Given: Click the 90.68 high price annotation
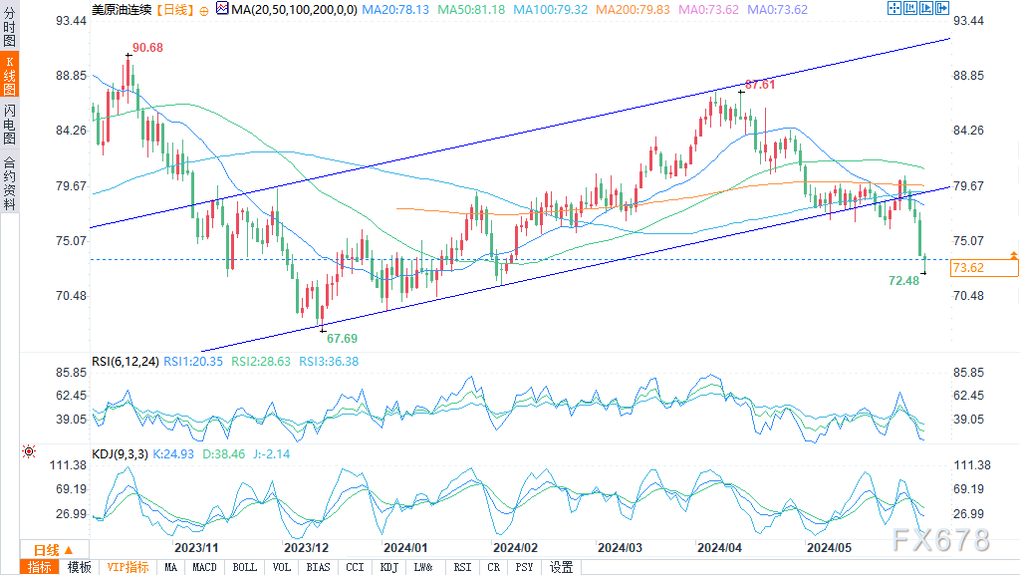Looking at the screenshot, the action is pos(147,48).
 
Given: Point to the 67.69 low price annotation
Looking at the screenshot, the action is pos(343,338).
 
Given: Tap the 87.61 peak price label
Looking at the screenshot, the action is pos(760,85).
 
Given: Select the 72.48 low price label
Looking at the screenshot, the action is pos(904,280).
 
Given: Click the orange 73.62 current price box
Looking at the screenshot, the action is pos(984,267).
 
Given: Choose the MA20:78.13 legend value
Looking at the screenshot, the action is pos(395,10).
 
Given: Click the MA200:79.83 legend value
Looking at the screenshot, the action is pos(633,10).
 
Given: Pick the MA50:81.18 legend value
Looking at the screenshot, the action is pos(471,10).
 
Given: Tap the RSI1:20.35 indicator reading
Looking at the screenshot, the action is pos(193,362).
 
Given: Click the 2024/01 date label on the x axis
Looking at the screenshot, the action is pos(405,548).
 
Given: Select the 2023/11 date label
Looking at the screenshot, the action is pos(196,548).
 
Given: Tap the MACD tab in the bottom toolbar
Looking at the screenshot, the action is pos(204,567).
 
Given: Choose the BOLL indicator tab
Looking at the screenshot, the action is pos(245,567).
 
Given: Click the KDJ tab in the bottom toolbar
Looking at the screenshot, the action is pos(389,567).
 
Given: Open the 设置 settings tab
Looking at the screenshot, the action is pos(562,567).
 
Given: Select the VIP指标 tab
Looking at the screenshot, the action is pos(127,567).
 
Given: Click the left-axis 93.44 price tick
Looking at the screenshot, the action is pos(71,21).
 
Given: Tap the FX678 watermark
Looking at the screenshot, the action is pos(940,540).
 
